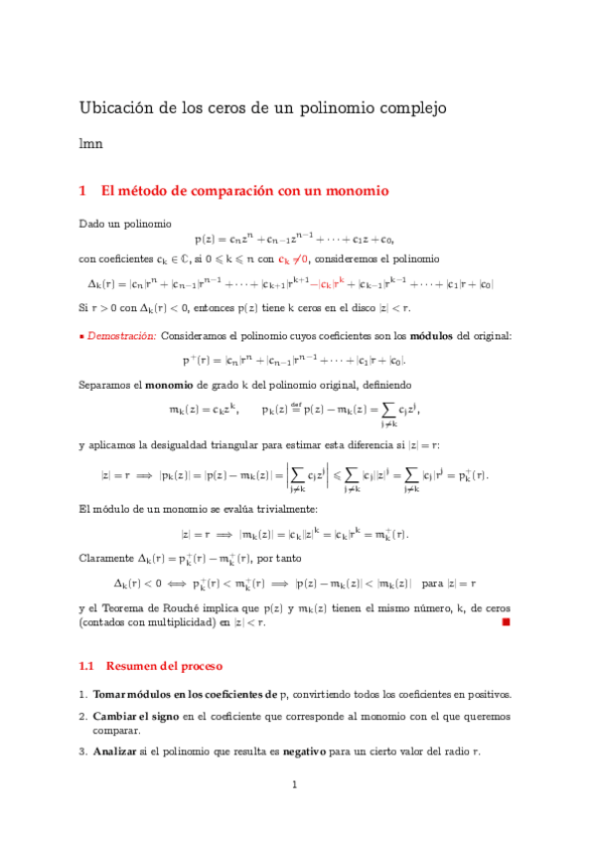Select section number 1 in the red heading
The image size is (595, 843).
point(83,190)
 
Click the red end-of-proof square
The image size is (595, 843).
point(505,622)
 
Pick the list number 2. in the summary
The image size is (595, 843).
point(82,715)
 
